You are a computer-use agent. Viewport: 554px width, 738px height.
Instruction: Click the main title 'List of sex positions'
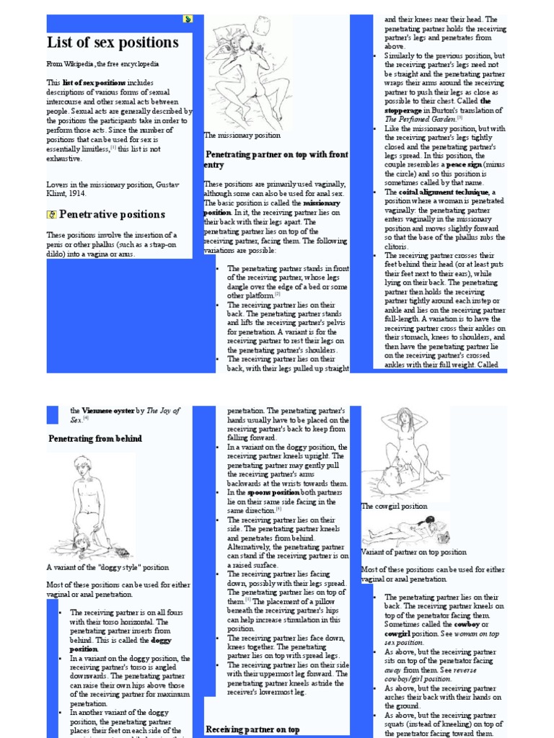coord(113,43)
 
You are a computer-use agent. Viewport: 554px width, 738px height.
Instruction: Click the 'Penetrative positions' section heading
coord(112,214)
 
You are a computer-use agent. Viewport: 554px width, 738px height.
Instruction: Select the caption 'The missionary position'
coord(242,135)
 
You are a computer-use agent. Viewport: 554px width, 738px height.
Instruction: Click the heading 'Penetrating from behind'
coord(94,438)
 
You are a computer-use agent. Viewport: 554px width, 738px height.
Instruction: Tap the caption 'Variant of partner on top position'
coord(413,552)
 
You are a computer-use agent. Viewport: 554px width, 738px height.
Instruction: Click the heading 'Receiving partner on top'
coord(252,729)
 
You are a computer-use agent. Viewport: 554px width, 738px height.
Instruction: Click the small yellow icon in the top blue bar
coord(188,19)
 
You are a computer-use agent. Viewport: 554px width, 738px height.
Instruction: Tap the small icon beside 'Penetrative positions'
coord(51,214)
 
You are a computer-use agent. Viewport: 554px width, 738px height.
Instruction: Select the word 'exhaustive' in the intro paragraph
coord(64,159)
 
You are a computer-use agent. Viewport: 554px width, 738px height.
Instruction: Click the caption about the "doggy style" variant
coord(107,567)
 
